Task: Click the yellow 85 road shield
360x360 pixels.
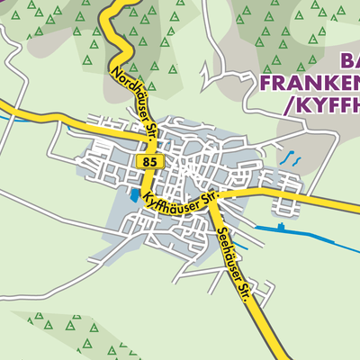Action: tap(149, 160)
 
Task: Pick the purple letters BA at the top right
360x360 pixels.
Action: tap(351, 61)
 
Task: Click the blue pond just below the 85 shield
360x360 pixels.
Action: tap(134, 193)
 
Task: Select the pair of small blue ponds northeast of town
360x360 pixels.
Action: tap(292, 158)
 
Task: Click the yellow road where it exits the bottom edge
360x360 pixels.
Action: tap(270, 355)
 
